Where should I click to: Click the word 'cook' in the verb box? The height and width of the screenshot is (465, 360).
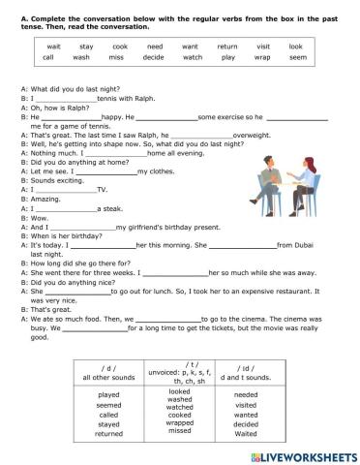tap(120, 46)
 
